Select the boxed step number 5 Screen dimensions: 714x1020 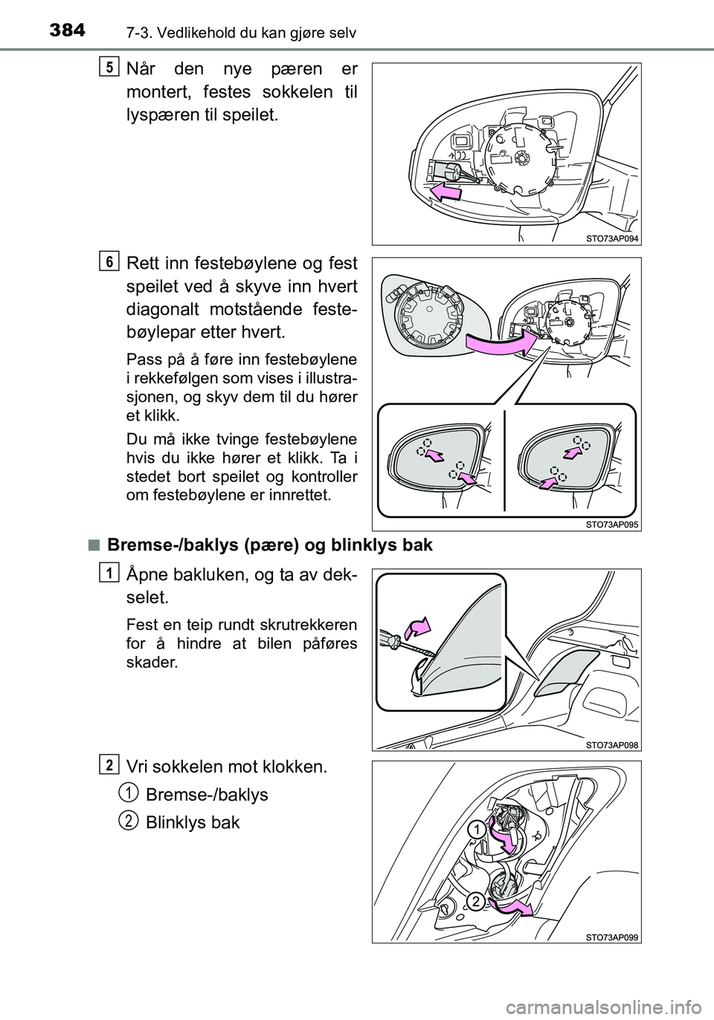(109, 68)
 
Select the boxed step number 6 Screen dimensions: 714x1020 (109, 263)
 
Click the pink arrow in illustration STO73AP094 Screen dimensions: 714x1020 (446, 192)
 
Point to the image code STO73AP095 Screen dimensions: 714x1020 (611, 524)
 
